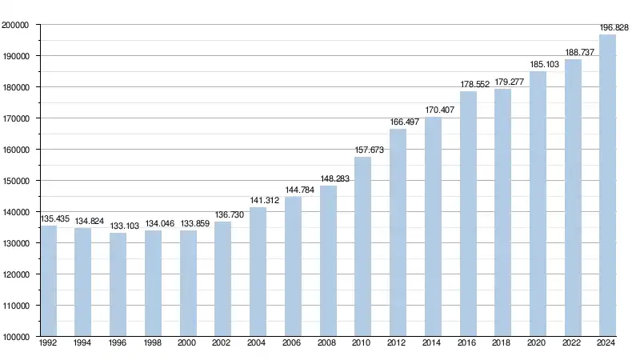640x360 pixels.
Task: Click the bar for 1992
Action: coord(49,281)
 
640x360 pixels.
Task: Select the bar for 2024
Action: coord(607,186)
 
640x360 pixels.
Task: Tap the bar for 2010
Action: coord(362,246)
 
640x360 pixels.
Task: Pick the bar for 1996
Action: coord(118,284)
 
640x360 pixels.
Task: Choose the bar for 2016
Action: coord(468,214)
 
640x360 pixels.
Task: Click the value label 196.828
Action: coord(614,28)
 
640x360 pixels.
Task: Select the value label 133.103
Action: coord(125,226)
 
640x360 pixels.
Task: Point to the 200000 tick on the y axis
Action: coord(16,25)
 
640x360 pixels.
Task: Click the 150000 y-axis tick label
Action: coord(16,181)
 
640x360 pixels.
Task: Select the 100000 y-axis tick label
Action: coord(16,337)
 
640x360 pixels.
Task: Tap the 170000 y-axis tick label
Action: coord(16,118)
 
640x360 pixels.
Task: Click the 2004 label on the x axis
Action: coord(258,343)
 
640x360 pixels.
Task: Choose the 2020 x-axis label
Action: coord(538,343)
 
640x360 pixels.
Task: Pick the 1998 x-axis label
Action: coord(153,343)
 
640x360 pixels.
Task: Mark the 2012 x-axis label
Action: coord(398,343)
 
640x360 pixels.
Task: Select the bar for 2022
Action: coord(573,198)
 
